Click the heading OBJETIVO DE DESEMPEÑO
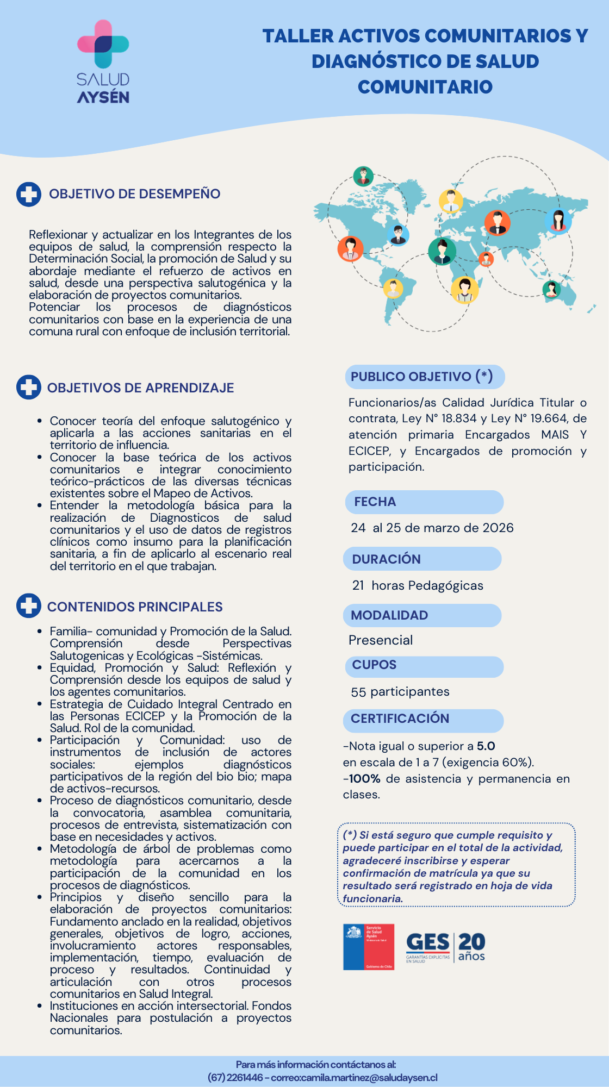click(x=134, y=194)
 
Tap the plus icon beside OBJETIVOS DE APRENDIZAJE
click(x=29, y=388)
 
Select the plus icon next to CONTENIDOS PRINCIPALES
click(x=29, y=606)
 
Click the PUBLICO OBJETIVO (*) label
click(x=422, y=377)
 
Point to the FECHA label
click(x=375, y=502)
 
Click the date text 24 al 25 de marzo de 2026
click(x=432, y=528)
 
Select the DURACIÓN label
click(x=387, y=559)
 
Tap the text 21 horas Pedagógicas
click(x=418, y=585)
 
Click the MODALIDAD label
click(x=389, y=615)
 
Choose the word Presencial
click(x=381, y=640)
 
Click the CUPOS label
click(x=374, y=665)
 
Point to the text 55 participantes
click(x=400, y=692)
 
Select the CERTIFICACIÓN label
click(x=400, y=719)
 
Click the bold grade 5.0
click(x=486, y=746)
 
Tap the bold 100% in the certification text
click(x=364, y=779)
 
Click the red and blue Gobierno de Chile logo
click(x=369, y=947)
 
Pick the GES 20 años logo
click(x=446, y=947)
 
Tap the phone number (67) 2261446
click(x=235, y=1078)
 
